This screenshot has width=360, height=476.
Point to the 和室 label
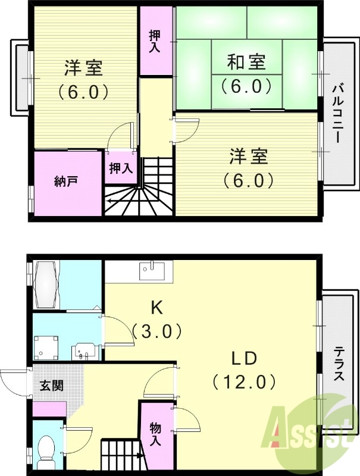click(246, 61)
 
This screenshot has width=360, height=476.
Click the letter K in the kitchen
click(156, 307)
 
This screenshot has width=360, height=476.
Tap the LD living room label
click(243, 358)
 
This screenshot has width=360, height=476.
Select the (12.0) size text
click(243, 381)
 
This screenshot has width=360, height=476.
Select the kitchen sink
click(152, 270)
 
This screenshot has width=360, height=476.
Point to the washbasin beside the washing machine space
click(82, 352)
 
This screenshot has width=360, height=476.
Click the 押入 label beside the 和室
click(154, 40)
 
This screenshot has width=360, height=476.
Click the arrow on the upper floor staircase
click(110, 201)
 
